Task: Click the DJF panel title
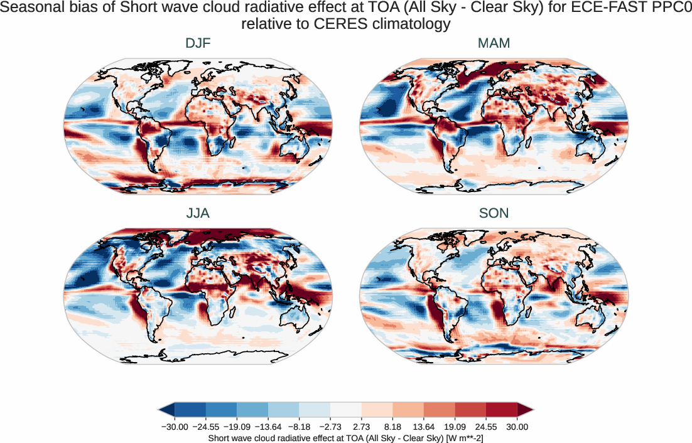(198, 44)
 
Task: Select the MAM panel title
(494, 44)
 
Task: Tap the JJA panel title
(198, 213)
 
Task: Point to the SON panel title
(494, 213)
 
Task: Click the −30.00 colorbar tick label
(175, 427)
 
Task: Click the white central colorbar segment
(346, 410)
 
